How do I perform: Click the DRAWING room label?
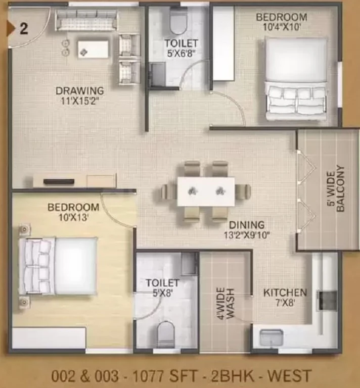(80, 91)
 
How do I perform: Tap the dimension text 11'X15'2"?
(78, 101)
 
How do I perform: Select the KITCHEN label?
(285, 293)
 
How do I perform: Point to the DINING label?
(247, 225)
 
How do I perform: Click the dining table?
(206, 191)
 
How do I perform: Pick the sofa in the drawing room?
(86, 20)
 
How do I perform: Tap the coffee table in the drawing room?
(93, 50)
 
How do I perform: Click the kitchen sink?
(272, 338)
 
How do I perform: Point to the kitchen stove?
(328, 301)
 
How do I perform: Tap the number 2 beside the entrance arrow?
(24, 28)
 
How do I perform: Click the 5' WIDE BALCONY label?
(336, 189)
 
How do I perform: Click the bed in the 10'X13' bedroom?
(59, 266)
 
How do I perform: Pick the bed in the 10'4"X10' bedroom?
(296, 79)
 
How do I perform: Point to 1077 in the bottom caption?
(150, 376)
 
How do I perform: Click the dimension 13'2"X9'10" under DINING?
(247, 235)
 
